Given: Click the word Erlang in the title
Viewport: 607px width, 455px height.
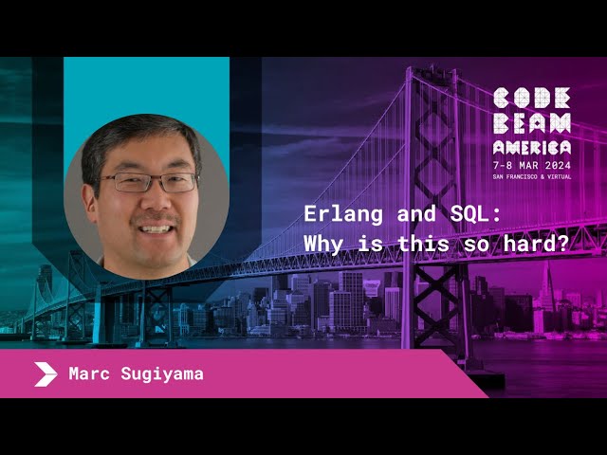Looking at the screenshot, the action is [343, 215].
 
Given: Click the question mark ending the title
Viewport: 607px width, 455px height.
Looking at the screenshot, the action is [563, 245].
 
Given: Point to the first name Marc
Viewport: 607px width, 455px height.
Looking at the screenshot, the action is [89, 373].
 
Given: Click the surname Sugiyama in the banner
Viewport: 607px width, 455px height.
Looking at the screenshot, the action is [162, 374].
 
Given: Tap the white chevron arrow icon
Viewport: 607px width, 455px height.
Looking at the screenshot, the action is [46, 374].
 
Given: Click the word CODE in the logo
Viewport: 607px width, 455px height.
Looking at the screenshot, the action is [532, 98].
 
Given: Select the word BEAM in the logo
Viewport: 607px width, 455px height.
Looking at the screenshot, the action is [532, 123].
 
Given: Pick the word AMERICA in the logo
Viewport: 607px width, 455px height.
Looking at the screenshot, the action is [532, 148].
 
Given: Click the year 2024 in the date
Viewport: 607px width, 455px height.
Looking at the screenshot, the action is [558, 165].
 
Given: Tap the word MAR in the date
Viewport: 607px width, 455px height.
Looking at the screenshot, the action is [529, 165].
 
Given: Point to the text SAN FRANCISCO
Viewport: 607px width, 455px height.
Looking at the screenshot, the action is [515, 177].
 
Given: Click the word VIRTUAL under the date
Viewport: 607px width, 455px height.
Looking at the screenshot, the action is [559, 177].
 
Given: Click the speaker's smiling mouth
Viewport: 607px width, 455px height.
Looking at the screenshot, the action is [156, 228].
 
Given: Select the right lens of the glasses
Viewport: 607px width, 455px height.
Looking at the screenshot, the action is [178, 182].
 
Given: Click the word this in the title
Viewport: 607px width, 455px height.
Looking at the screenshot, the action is [424, 245].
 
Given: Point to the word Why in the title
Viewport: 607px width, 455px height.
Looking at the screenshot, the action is [322, 245].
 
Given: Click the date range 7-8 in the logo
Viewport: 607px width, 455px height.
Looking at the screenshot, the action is [503, 165].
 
